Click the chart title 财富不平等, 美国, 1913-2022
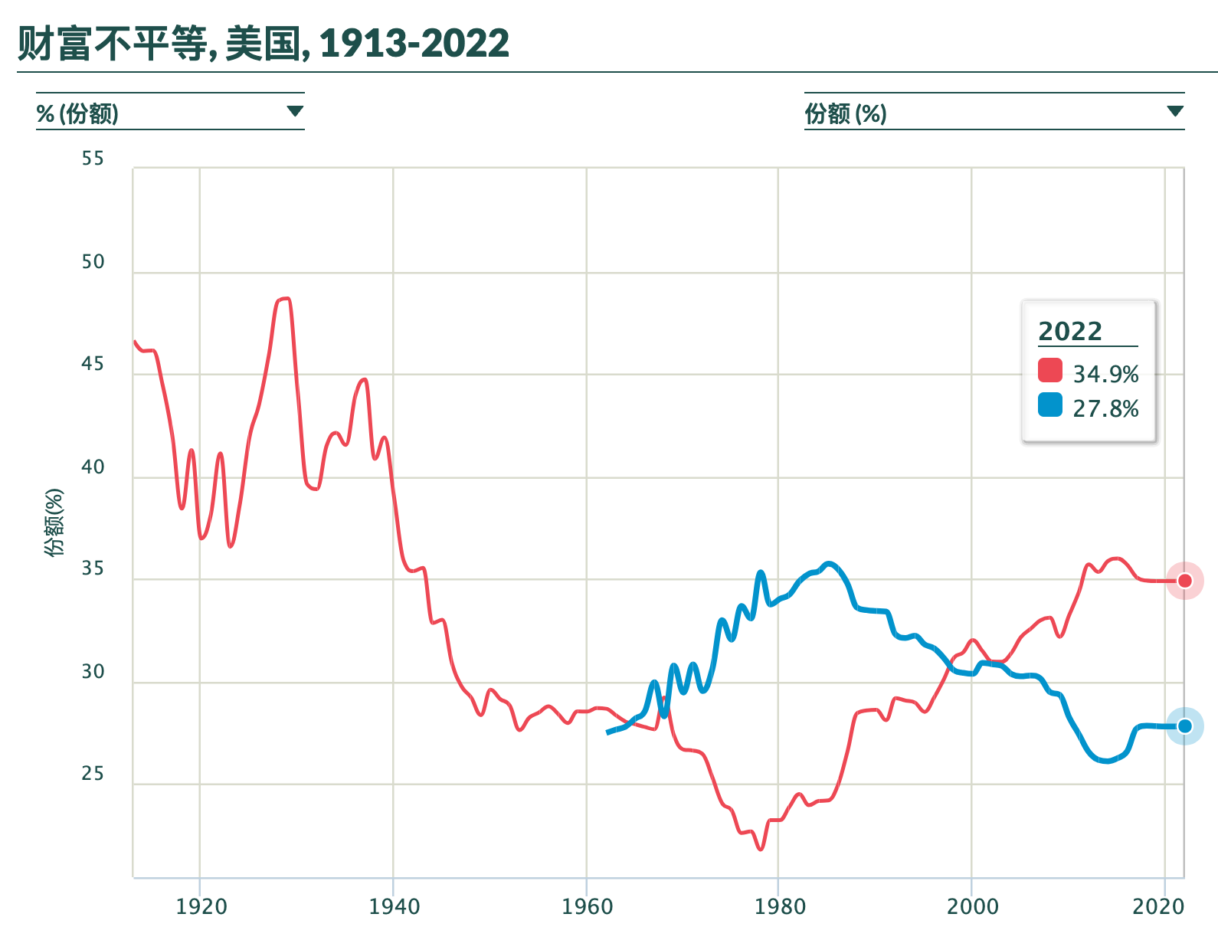coord(263,43)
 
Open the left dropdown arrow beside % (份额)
coord(295,112)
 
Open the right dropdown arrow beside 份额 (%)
coord(1175,112)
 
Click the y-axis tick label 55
coord(93,159)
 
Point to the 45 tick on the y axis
coord(93,364)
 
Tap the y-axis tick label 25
coord(93,774)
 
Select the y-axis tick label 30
coord(93,672)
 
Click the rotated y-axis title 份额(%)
coord(54,522)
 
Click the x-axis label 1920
coord(201,907)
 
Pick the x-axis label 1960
coord(587,907)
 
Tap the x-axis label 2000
coord(972,907)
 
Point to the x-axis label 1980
coord(780,907)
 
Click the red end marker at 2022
coord(1184,581)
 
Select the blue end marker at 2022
coord(1184,726)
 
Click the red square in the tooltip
coord(1050,370)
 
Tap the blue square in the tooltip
coord(1050,405)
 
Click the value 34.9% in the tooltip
coord(1105,375)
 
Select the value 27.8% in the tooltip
coord(1105,409)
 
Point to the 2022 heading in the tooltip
coord(1070,332)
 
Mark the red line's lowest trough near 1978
coord(761,849)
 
